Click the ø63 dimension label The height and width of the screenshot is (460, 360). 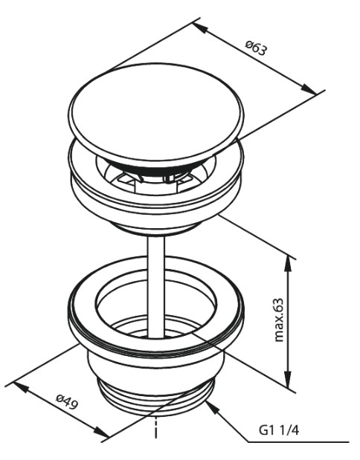pyautogui.click(x=257, y=48)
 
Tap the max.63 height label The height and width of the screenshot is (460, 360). pyautogui.click(x=279, y=320)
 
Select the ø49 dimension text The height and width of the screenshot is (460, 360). pyautogui.click(x=67, y=402)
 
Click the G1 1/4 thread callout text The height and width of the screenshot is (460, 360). pyautogui.click(x=279, y=431)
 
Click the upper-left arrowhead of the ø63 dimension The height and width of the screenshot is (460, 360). pyautogui.click(x=200, y=27)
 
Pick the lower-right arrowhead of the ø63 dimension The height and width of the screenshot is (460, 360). pyautogui.click(x=309, y=89)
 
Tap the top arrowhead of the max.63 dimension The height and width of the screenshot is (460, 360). pyautogui.click(x=289, y=266)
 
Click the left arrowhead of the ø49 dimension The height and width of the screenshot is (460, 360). pyautogui.click(x=22, y=387)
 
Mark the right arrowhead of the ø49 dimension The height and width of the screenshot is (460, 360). pyautogui.click(x=101, y=431)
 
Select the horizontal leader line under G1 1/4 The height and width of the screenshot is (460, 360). pyautogui.click(x=298, y=442)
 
